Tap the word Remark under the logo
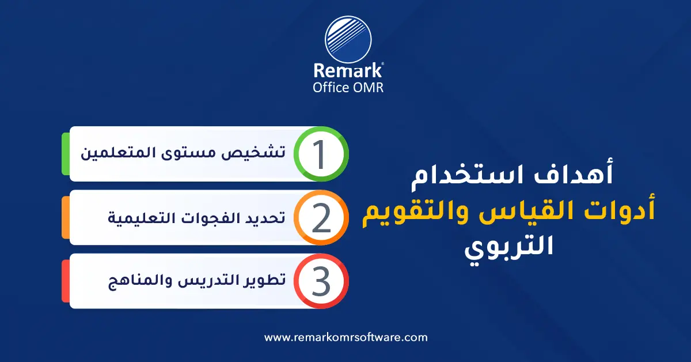pyautogui.click(x=348, y=70)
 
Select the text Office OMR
pyautogui.click(x=348, y=87)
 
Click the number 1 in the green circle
pyautogui.click(x=320, y=154)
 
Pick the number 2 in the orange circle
pyautogui.click(x=320, y=218)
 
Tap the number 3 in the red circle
pyautogui.click(x=320, y=281)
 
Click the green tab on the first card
pyautogui.click(x=66, y=154)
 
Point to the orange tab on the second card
pyautogui.click(x=66, y=218)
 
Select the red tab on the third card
pyautogui.click(x=66, y=281)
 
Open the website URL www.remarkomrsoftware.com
pyautogui.click(x=346, y=337)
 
